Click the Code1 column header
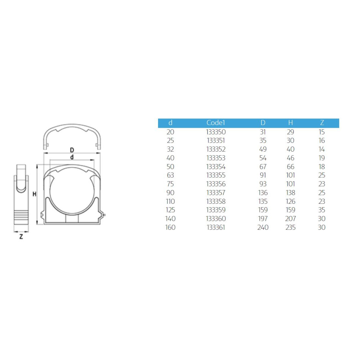click(x=216, y=123)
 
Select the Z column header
click(x=322, y=123)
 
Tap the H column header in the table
click(x=291, y=123)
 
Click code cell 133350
click(x=216, y=132)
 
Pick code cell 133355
click(x=216, y=175)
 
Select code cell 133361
click(x=216, y=227)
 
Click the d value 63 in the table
click(x=170, y=175)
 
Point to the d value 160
click(x=170, y=227)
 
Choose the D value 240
click(x=263, y=227)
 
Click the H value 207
click(x=291, y=219)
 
